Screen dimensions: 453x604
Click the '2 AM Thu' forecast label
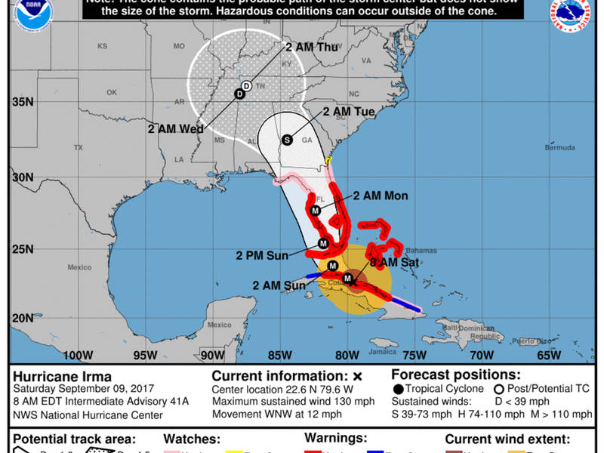(311, 46)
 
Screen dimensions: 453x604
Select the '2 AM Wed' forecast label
(177, 129)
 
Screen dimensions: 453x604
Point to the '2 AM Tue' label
(349, 112)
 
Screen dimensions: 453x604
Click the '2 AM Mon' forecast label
(381, 196)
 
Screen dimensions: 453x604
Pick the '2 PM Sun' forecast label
(262, 255)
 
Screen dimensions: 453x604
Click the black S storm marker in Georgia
(287, 140)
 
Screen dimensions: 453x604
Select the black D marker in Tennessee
(239, 94)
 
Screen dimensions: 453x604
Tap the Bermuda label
(559, 147)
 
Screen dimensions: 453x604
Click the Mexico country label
(79, 268)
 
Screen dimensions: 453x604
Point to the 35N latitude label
(23, 103)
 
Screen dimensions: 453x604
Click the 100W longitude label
(78, 355)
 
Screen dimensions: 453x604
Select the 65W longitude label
(548, 355)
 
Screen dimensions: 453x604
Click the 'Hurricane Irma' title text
(62, 377)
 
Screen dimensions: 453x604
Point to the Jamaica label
(383, 352)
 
